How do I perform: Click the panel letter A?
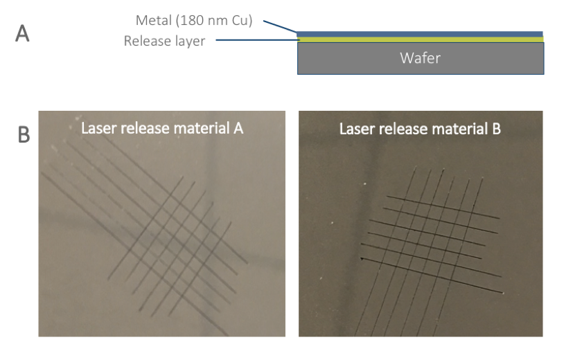(x=22, y=33)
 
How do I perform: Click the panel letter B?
(x=24, y=135)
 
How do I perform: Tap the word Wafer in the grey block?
(x=420, y=58)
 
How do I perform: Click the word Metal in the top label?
(x=154, y=21)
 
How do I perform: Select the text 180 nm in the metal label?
(x=204, y=21)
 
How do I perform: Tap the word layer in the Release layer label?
(x=191, y=42)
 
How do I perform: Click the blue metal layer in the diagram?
(x=420, y=34)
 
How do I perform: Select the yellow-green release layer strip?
(x=421, y=39)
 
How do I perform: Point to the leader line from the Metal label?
(x=280, y=26)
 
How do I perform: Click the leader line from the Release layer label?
(x=257, y=40)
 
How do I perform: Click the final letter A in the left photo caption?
(x=238, y=128)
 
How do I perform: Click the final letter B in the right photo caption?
(x=496, y=129)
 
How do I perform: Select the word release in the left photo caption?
(x=143, y=128)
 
